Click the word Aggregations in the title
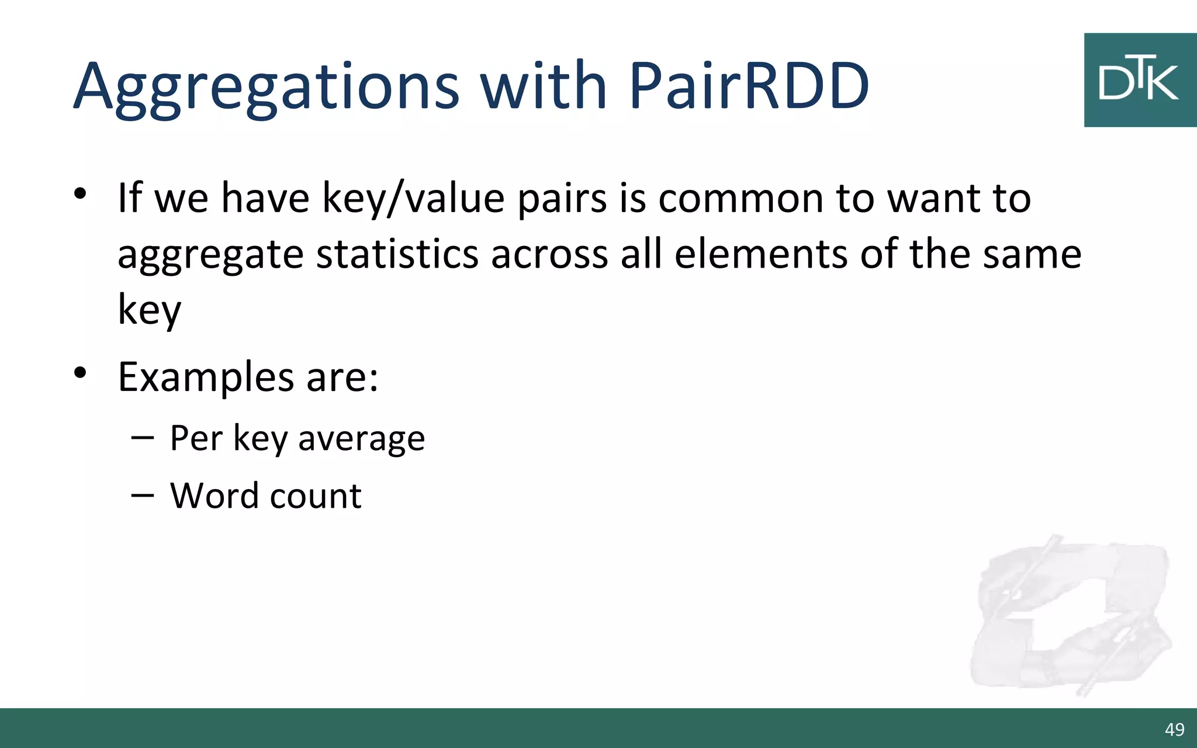[x=267, y=88]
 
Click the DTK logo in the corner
[x=1140, y=80]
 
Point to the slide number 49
[x=1174, y=729]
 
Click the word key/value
[x=413, y=199]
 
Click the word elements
[x=760, y=255]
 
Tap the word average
[x=361, y=439]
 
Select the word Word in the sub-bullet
[x=214, y=496]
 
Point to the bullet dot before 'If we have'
[x=80, y=193]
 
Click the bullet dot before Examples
[x=80, y=372]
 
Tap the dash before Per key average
[x=143, y=438]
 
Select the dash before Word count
[x=143, y=496]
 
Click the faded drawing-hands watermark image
[x=1070, y=617]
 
